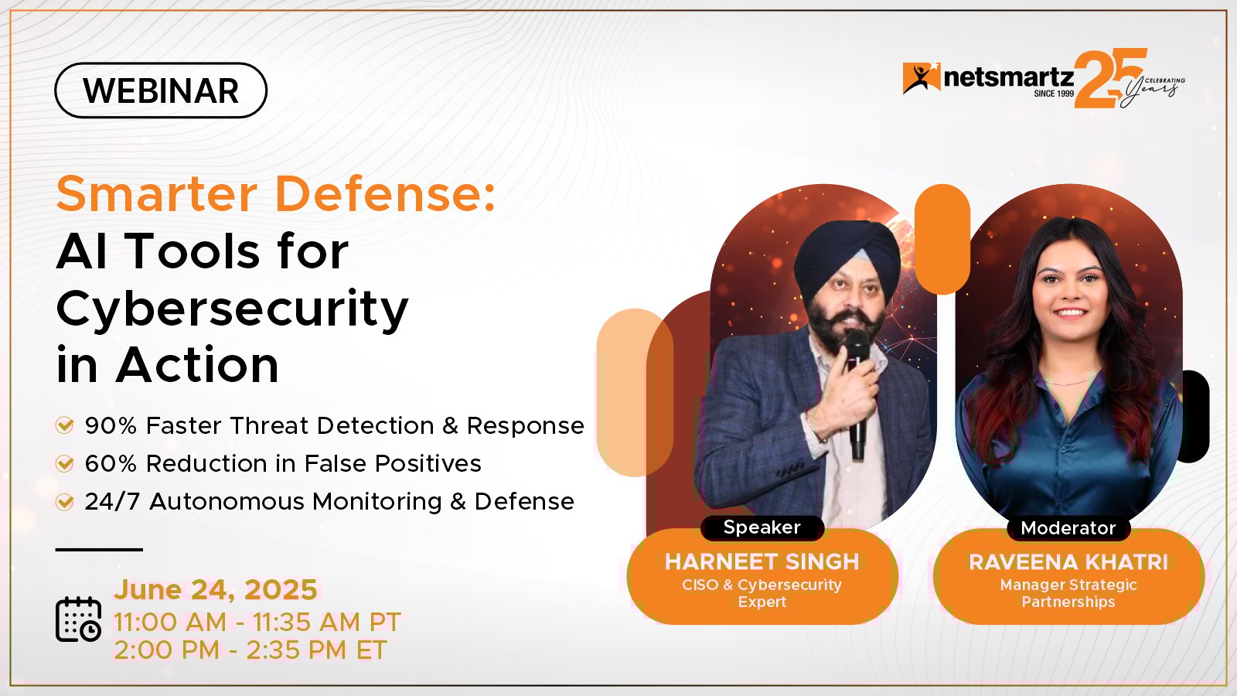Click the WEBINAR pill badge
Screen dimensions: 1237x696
[x=161, y=90]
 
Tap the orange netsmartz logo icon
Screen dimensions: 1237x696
[x=921, y=78]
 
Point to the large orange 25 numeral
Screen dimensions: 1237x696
[x=1109, y=78]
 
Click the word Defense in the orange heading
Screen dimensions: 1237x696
[x=386, y=193]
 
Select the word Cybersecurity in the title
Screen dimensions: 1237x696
[x=232, y=309]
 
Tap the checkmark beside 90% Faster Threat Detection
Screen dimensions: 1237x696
[x=65, y=425]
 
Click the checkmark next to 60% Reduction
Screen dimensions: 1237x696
[x=65, y=463]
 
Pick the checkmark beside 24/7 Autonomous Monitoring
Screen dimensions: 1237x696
[x=65, y=502]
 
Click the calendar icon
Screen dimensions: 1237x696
[x=78, y=619]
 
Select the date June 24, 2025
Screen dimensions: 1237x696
[x=216, y=589]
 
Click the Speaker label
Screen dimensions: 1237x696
[x=762, y=527]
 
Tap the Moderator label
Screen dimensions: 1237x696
[x=1068, y=528]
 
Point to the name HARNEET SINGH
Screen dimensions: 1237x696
[x=762, y=561]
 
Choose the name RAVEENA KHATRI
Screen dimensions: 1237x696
[x=1068, y=562]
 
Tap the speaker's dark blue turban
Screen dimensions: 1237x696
[x=847, y=260]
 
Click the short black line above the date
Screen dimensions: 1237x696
[x=100, y=550]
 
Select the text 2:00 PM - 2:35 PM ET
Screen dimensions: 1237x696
[x=250, y=650]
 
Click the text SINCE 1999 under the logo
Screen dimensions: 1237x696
[x=1054, y=94]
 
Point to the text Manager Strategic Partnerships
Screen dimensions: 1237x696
[x=1068, y=592]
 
